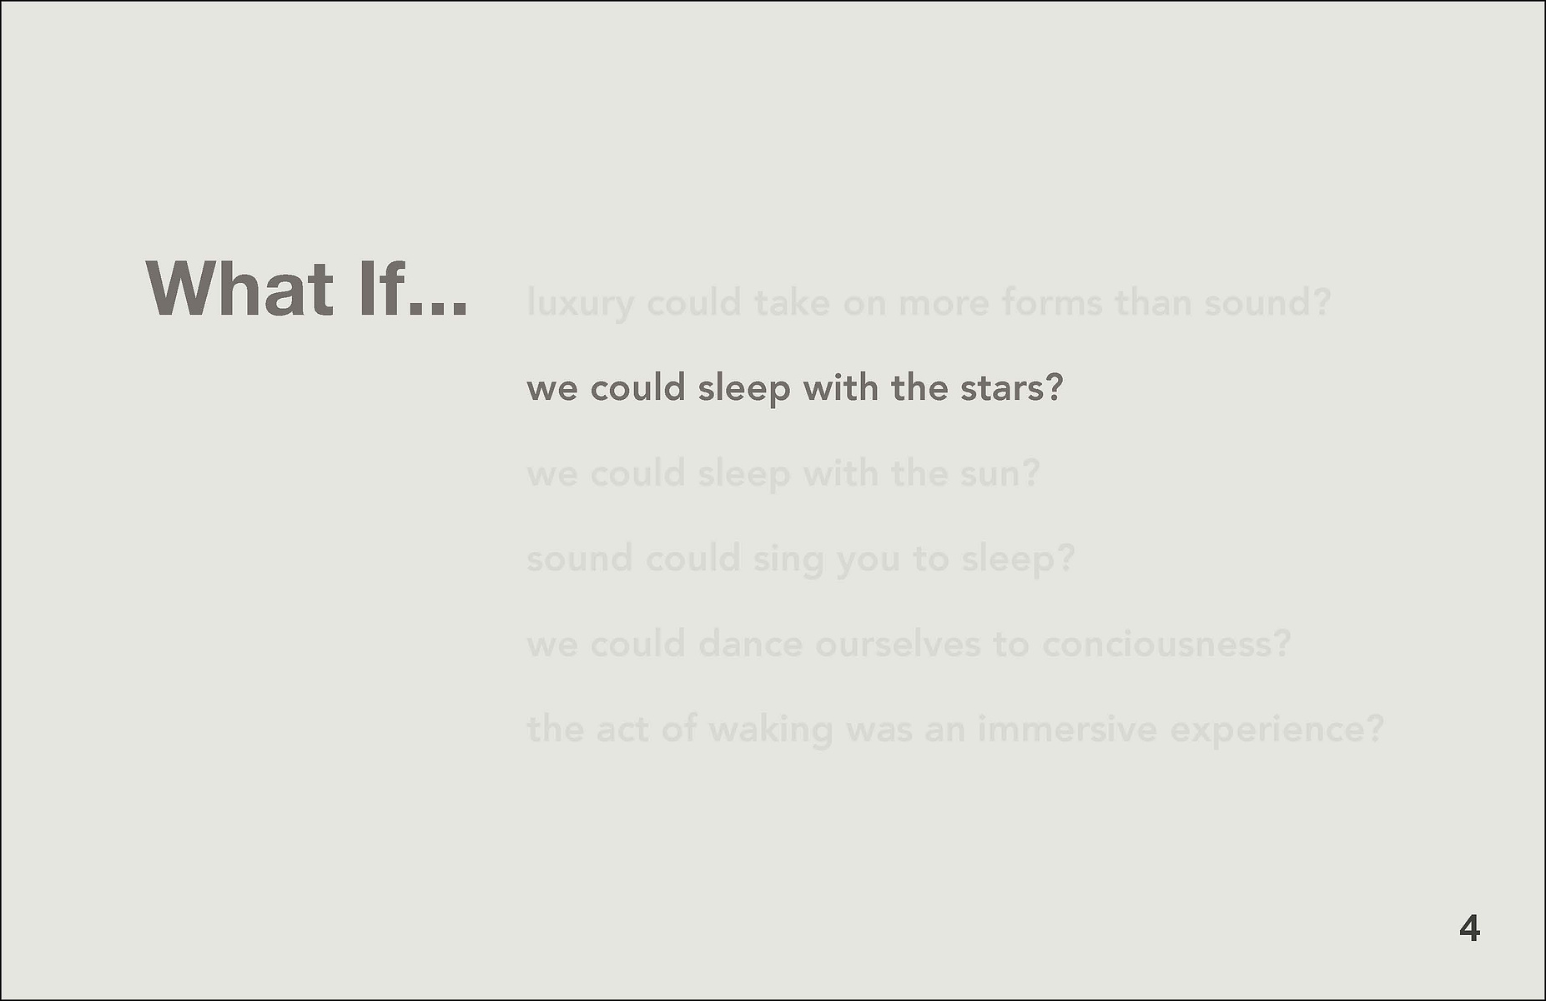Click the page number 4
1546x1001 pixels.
[x=1470, y=928]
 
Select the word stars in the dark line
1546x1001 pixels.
[x=1000, y=388]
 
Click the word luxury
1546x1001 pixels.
[x=581, y=303]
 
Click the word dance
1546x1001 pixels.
[x=750, y=644]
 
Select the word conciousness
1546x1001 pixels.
[x=1157, y=644]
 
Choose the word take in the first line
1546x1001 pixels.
[x=793, y=301]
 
